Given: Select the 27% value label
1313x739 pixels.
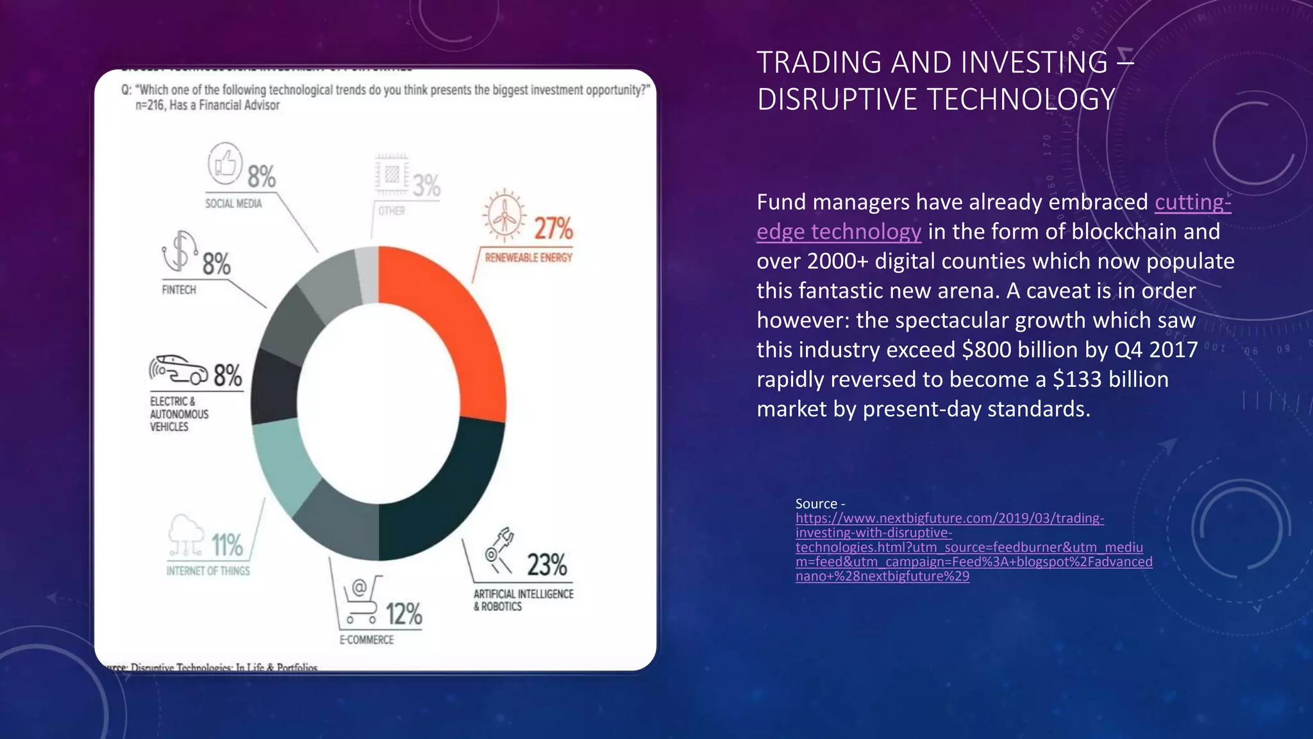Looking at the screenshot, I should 553,228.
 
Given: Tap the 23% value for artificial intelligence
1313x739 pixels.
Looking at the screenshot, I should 547,565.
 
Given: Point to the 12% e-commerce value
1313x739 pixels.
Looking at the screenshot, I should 404,615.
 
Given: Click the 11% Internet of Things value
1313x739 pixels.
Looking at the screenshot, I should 228,545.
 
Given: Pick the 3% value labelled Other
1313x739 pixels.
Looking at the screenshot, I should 426,186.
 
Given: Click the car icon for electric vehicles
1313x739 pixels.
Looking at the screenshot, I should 180,370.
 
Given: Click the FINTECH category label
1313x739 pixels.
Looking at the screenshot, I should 179,290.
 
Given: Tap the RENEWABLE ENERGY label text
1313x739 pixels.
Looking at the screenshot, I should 528,258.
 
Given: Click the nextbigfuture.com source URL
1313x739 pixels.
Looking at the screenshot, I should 949,518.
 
